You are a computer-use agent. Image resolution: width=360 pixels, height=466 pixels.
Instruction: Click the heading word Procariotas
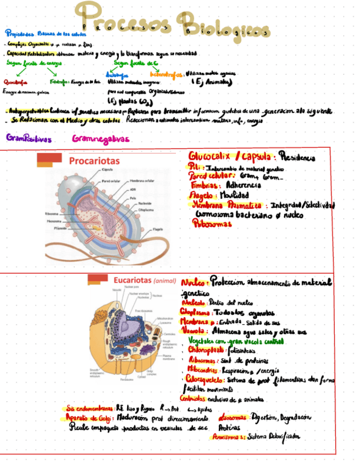[94, 160]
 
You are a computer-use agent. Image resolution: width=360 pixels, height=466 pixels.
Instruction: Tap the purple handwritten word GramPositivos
[29, 138]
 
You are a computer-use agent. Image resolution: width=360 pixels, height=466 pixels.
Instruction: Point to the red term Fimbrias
[202, 186]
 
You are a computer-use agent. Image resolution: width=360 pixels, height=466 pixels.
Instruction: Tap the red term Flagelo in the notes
[202, 195]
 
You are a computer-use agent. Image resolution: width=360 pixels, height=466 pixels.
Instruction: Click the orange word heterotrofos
[166, 73]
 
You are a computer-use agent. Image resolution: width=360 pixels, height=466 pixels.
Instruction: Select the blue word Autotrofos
[117, 75]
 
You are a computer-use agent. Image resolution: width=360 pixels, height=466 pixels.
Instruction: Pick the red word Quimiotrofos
[17, 82]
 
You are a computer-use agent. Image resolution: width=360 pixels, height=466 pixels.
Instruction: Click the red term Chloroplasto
[206, 350]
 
